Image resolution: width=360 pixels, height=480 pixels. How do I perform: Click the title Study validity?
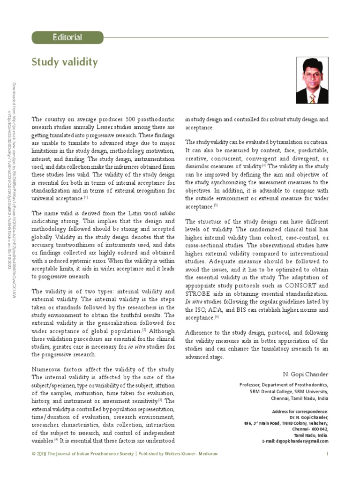(x=65, y=62)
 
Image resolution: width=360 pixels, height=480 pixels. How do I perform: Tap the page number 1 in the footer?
(x=327, y=453)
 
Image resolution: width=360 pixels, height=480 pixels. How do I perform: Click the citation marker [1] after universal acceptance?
(x=86, y=197)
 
